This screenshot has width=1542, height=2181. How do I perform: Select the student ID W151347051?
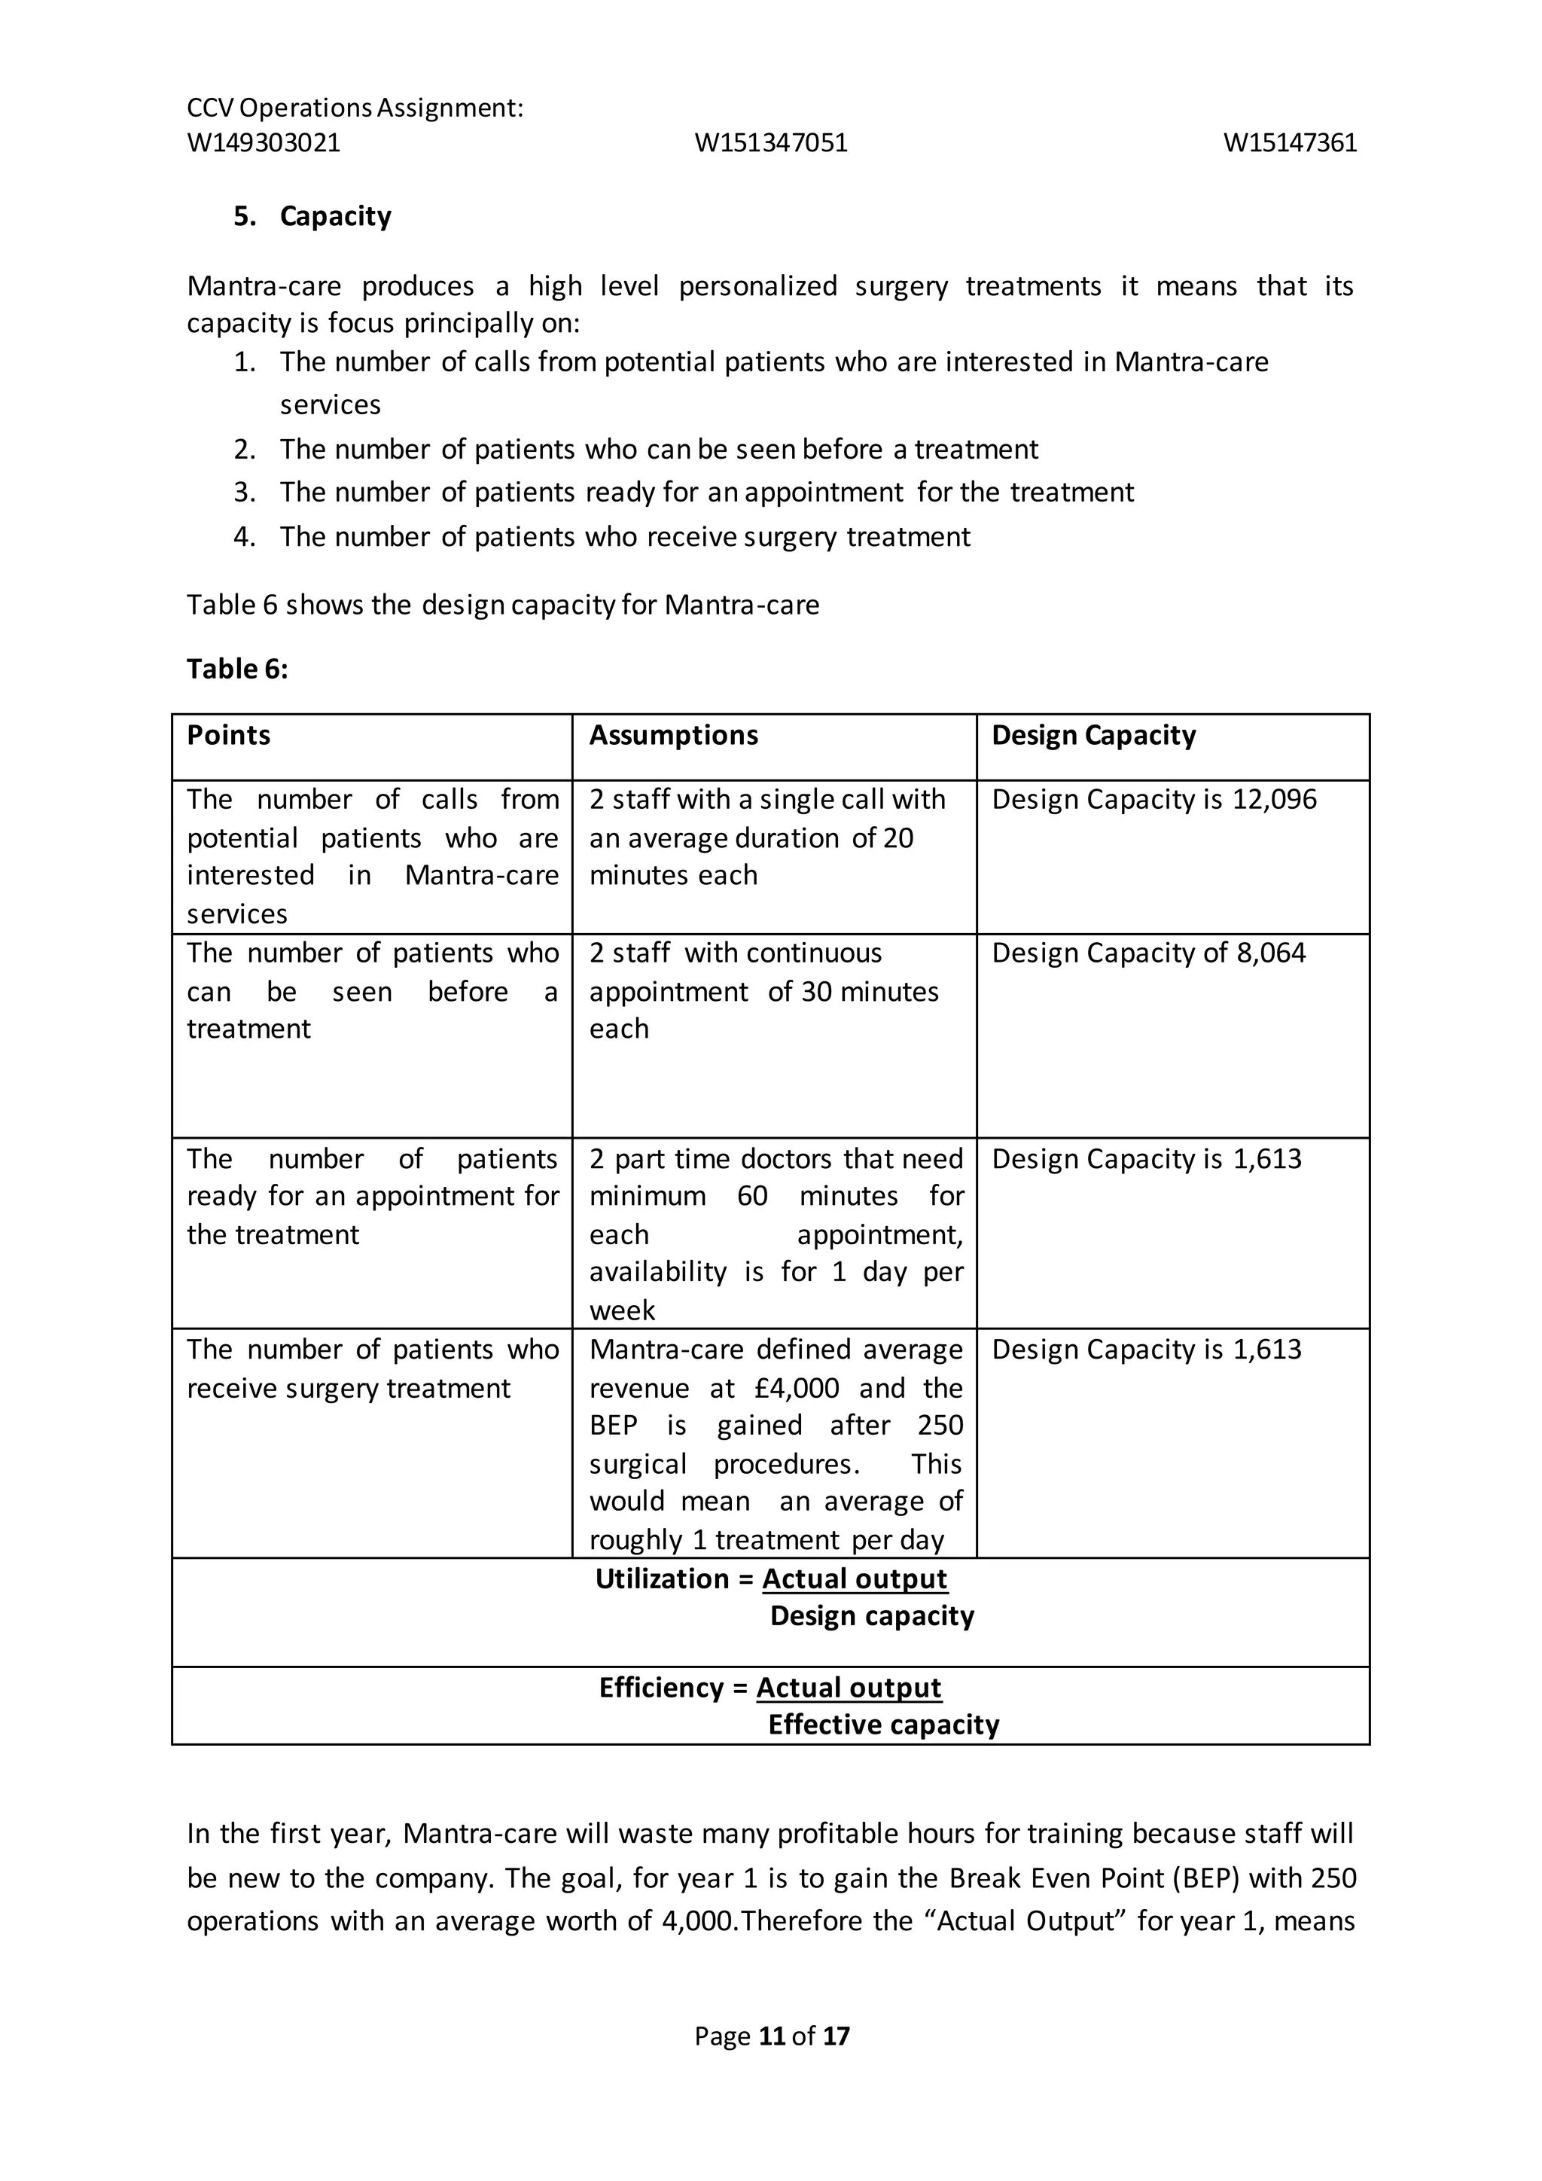click(x=771, y=142)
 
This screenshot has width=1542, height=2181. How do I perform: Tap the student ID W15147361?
click(x=1290, y=142)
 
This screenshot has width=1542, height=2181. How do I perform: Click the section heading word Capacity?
click(x=335, y=217)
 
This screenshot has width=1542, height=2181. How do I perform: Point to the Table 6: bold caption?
click(x=237, y=669)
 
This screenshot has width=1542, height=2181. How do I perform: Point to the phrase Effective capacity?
click(x=883, y=1725)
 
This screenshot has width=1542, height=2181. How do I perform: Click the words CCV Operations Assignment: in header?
click(x=355, y=108)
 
